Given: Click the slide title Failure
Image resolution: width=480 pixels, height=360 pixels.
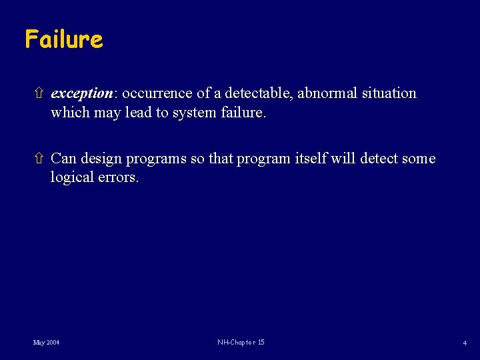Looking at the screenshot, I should pyautogui.click(x=64, y=39).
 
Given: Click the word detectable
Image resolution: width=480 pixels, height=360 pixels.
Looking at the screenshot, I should pyautogui.click(x=259, y=93).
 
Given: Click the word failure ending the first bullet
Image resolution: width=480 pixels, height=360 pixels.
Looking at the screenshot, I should pyautogui.click(x=242, y=113).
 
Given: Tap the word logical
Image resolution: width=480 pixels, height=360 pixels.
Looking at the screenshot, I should pyautogui.click(x=73, y=179).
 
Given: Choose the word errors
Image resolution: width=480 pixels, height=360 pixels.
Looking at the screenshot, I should pyautogui.click(x=119, y=179).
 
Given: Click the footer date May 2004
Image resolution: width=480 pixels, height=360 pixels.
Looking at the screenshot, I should pyautogui.click(x=46, y=343).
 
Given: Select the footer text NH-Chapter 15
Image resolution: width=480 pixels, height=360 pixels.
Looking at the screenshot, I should pyautogui.click(x=241, y=343).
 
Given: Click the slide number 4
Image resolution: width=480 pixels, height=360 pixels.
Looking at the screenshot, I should pyautogui.click(x=464, y=343).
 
